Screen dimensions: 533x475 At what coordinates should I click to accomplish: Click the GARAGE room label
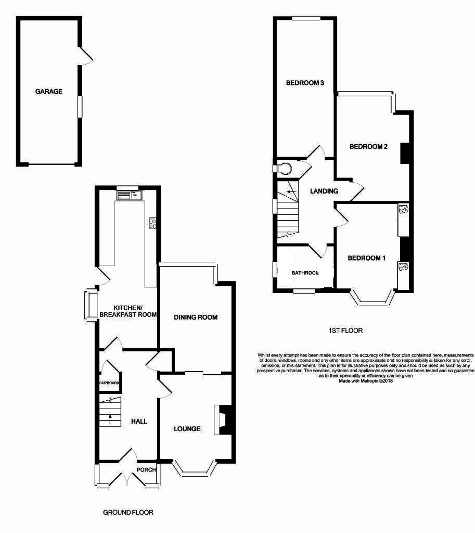tap(48, 92)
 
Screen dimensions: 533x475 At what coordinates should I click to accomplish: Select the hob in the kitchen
tap(153, 223)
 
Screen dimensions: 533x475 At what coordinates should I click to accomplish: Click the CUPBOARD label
tap(110, 384)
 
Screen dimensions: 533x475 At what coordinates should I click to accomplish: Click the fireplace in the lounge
tap(221, 419)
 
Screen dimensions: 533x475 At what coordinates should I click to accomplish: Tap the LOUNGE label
tap(187, 429)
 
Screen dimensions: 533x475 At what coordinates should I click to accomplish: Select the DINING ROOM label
tap(196, 317)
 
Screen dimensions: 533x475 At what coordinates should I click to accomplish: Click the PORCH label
tap(146, 470)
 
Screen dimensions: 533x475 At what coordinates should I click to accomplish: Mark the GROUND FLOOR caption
tap(128, 512)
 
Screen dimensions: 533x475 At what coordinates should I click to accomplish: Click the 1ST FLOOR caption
tap(345, 330)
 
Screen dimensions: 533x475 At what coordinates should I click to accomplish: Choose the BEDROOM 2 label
tap(368, 146)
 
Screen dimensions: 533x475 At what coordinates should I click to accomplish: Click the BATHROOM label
tap(305, 273)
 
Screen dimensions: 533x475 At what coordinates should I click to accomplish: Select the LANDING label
tap(324, 191)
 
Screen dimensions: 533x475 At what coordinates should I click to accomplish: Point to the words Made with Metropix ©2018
tap(365, 380)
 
